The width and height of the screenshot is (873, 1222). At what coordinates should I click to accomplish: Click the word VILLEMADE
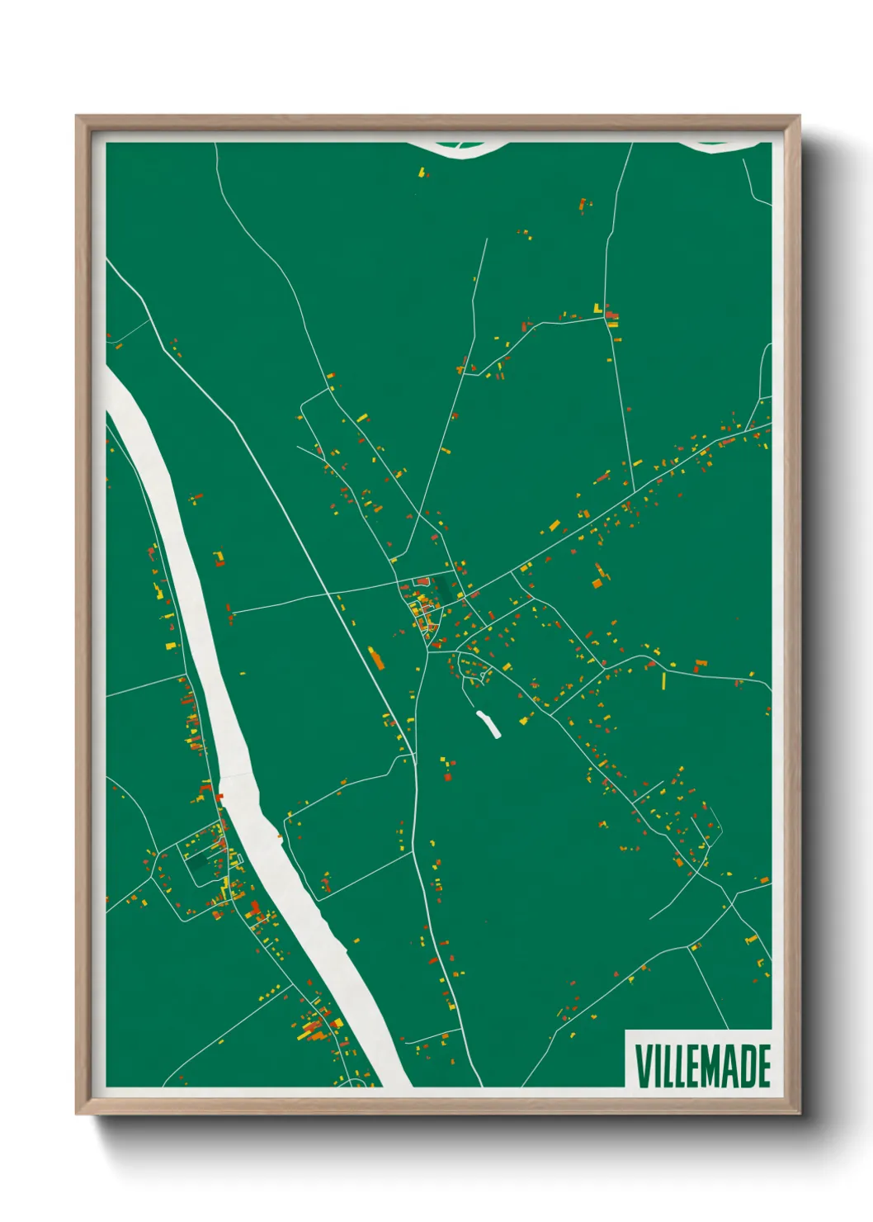pyautogui.click(x=702, y=1066)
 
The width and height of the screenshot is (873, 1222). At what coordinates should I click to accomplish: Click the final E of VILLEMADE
pyautogui.click(x=764, y=1066)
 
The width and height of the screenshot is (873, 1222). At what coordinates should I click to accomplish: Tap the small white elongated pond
pyautogui.click(x=488, y=723)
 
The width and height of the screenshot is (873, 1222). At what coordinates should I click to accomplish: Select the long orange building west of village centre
pyautogui.click(x=376, y=658)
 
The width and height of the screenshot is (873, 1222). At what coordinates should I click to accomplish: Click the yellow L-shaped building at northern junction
pyautogui.click(x=597, y=309)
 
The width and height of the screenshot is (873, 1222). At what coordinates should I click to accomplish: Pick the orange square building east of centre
pyautogui.click(x=597, y=583)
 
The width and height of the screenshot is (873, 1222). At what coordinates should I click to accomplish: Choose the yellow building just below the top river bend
pyautogui.click(x=422, y=173)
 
